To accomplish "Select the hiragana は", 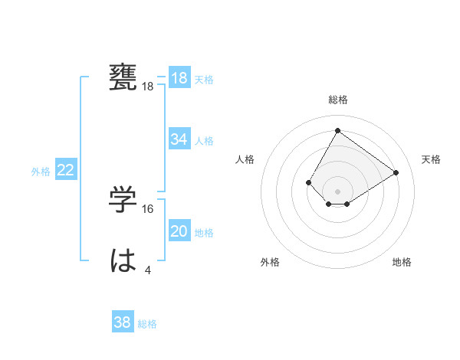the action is pos(124,261).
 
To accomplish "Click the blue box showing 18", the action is pos(179,78).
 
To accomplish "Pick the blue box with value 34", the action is pos(179,139).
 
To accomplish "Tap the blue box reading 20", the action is pos(179,231).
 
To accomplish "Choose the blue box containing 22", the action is pos(66,170).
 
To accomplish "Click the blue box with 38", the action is pos(123,322).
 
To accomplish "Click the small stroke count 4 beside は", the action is pos(148,270).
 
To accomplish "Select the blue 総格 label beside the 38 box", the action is pos(147,324).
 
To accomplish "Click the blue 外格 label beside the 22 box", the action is pos(41,172).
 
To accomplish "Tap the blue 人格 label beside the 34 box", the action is pos(205,141).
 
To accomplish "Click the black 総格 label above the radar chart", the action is pos(337,100).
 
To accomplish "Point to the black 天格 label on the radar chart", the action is pos(431,159).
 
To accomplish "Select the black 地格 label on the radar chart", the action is pos(402,262).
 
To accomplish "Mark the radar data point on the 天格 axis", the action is pos(396,172).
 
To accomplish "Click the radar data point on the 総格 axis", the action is pos(337,130).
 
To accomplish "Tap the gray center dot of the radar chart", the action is pos(337,191).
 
